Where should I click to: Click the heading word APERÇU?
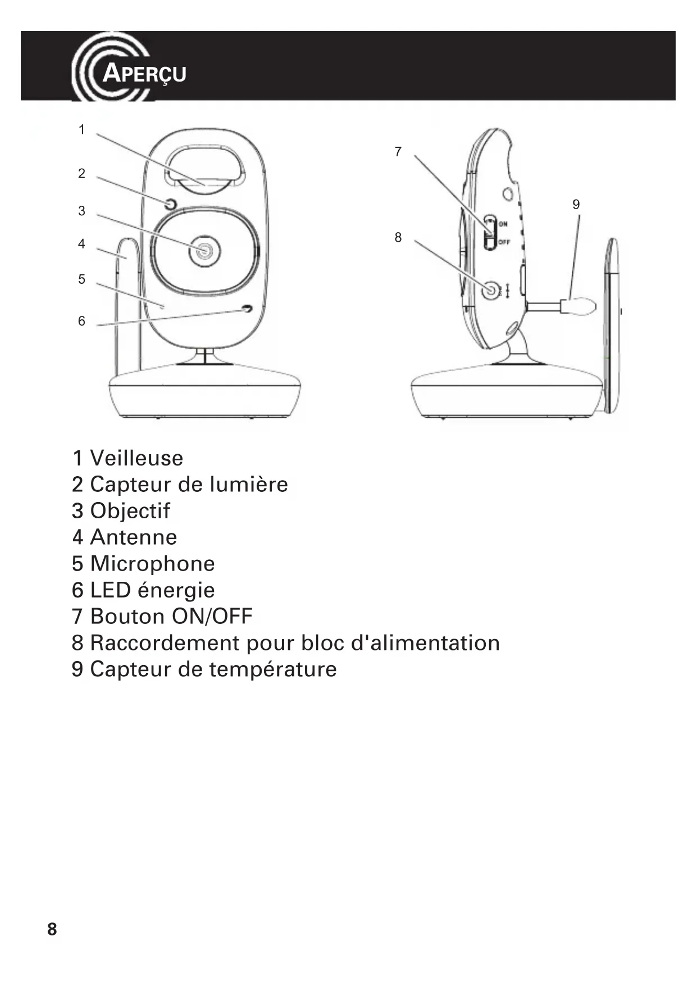(x=144, y=74)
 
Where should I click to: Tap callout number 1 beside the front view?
(x=81, y=130)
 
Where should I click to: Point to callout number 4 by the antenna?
(x=81, y=244)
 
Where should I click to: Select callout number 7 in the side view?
(x=398, y=152)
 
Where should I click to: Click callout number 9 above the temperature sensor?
(x=576, y=205)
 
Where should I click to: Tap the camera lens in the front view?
(x=204, y=251)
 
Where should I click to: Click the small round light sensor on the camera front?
(x=171, y=204)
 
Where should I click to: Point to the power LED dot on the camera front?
(x=247, y=309)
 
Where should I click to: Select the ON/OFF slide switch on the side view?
(x=490, y=232)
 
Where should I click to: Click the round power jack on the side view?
(x=491, y=291)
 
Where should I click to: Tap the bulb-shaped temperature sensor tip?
(x=581, y=306)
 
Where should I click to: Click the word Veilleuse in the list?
(x=136, y=458)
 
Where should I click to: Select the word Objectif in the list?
(x=130, y=511)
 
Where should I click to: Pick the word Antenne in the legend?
(x=134, y=537)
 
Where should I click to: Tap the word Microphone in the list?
(x=152, y=564)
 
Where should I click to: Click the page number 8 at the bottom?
(x=52, y=929)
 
